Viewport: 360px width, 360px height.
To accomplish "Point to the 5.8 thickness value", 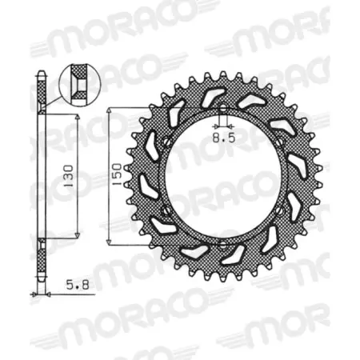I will pos(60,283).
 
